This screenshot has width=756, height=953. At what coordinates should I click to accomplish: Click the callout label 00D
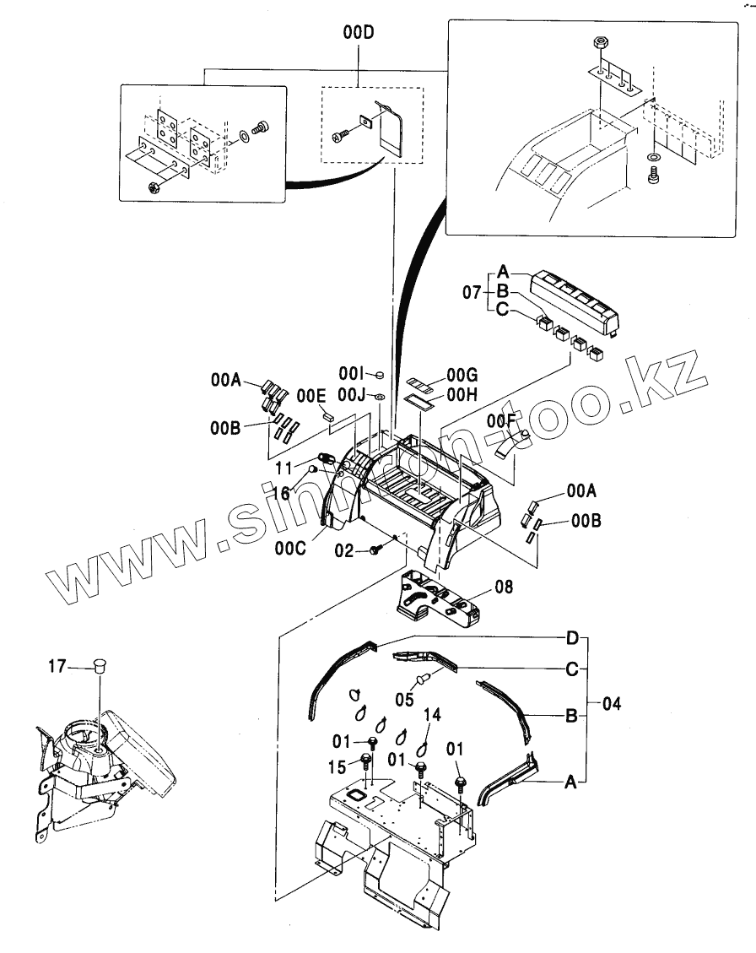(358, 34)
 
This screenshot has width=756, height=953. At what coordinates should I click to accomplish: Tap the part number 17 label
(56, 666)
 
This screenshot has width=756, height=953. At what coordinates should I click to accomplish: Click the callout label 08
(504, 585)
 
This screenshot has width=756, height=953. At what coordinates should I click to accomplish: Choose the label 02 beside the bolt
(343, 550)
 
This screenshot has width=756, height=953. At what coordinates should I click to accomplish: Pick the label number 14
(432, 715)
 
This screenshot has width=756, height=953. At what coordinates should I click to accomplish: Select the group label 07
(472, 294)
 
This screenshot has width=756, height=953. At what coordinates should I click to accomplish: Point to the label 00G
(462, 374)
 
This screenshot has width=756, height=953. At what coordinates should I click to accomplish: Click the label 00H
(462, 393)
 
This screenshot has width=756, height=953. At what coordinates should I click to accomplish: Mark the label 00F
(499, 420)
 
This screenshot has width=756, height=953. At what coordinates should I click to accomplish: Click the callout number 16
(280, 492)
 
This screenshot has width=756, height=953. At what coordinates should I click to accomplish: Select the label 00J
(352, 394)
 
